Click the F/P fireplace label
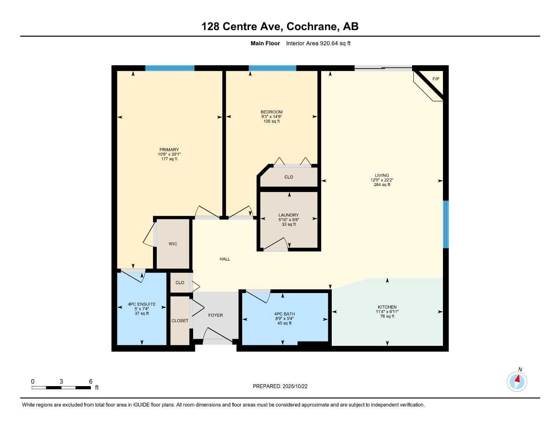coord(435,79)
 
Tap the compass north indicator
coord(517,381)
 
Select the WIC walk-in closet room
coord(173,244)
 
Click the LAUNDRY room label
coord(289,215)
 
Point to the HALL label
coord(225,259)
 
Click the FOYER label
coord(216,315)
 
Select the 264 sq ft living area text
coord(382,185)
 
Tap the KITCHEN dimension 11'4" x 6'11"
coord(387,312)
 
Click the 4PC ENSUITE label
coord(142,304)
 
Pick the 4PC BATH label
coord(284,314)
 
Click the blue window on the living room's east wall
coord(445,224)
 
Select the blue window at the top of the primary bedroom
coord(170,68)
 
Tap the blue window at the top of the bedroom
coord(272,68)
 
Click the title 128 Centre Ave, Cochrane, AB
coord(280,27)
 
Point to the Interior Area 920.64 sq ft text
coord(318,43)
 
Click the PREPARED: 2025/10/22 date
coord(280,386)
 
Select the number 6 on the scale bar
coord(90,381)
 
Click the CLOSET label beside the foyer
coord(180,321)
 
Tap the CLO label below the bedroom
coord(289,177)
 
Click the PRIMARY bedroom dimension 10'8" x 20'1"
coord(169,154)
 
